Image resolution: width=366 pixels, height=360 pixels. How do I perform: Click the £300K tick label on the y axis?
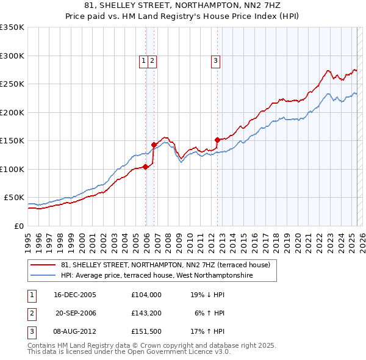(12, 56)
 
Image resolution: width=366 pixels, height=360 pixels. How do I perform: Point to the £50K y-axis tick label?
(14, 198)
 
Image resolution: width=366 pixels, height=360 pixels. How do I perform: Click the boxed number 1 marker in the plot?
(143, 60)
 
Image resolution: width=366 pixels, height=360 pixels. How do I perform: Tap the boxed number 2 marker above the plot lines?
(151, 60)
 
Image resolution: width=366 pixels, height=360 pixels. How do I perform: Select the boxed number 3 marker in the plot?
(216, 60)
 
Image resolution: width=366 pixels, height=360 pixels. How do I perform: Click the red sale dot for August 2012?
(217, 140)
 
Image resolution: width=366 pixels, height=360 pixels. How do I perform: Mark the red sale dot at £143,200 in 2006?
(154, 145)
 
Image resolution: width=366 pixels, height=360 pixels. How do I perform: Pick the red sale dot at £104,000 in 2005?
(146, 167)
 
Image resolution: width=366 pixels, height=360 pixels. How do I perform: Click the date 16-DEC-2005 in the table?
(75, 294)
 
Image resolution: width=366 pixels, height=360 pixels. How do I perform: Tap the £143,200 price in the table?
(146, 313)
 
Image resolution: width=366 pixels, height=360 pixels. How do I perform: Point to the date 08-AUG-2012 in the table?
(75, 332)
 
